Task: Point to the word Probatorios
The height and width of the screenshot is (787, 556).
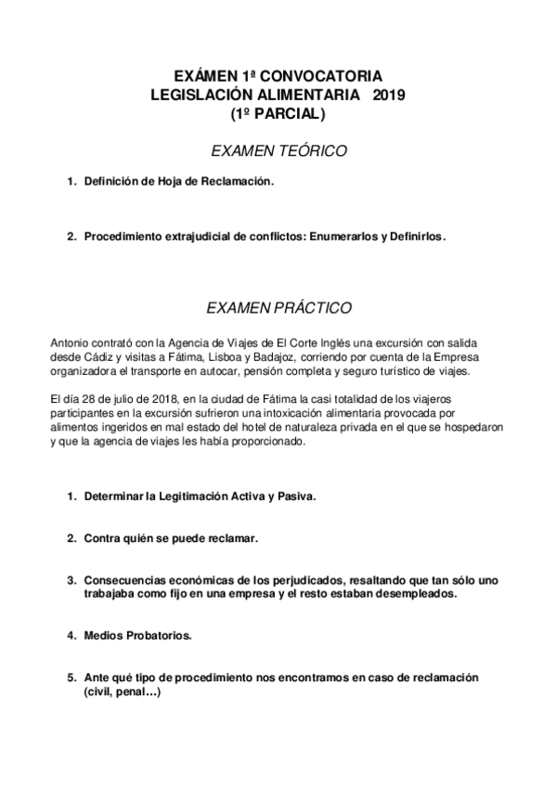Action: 157,636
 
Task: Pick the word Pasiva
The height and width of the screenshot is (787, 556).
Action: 294,496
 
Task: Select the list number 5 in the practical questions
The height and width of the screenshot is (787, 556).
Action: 70,677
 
